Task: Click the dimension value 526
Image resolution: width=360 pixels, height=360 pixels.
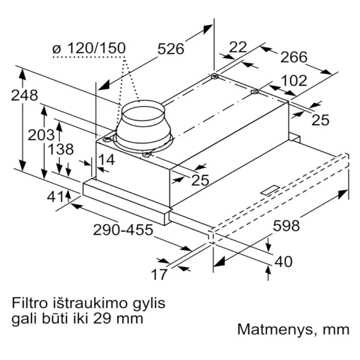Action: coord(171,49)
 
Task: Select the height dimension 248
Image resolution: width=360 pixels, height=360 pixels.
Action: coord(24,95)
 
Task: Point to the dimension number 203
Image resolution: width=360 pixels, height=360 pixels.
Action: coord(41,135)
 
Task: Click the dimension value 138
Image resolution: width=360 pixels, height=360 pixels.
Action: coord(60,149)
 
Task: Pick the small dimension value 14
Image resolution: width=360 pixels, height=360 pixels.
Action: coord(107,160)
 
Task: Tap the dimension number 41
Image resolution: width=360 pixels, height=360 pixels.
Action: coord(55,197)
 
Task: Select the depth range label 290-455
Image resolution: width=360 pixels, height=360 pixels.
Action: coord(123,230)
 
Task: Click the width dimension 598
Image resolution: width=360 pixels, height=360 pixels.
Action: coord(286,226)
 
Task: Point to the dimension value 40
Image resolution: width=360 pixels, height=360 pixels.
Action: coord(284,262)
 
